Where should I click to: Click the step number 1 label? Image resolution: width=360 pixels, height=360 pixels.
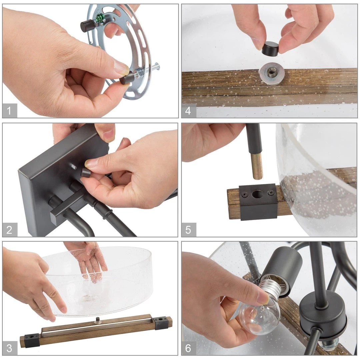10,110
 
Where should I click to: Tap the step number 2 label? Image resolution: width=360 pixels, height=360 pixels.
10,230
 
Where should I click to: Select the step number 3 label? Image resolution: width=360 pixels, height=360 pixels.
10,348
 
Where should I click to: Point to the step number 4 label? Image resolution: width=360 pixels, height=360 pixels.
188,110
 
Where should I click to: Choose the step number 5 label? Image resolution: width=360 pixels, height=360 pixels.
188,230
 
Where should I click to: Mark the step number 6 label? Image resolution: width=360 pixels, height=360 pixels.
188,348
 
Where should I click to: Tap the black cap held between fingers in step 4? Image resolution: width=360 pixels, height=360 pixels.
270,49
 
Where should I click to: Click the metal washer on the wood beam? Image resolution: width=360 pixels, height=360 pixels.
272,73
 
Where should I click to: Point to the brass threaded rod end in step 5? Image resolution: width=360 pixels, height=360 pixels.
257,166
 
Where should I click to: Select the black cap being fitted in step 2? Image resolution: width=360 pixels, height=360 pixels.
86,172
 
